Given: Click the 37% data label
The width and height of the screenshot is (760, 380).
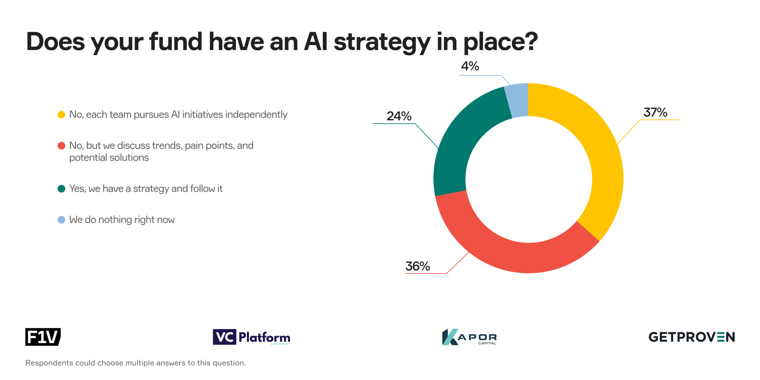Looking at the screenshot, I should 655,112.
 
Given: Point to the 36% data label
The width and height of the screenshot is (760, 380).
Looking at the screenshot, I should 417,266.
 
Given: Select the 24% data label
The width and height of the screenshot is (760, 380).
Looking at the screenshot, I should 399,116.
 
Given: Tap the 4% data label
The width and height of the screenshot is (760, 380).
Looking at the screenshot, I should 470,66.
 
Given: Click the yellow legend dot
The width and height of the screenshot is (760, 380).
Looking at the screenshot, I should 61,115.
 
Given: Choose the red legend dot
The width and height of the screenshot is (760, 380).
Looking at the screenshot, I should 61,146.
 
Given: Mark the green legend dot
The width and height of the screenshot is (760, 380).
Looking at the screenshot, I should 61,189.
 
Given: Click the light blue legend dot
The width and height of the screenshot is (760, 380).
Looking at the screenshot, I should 61,220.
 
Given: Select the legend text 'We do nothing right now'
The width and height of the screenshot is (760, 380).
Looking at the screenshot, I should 122,220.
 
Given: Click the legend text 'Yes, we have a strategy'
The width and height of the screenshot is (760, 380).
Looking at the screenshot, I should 146,189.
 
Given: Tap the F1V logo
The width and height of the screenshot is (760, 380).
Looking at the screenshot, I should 43,337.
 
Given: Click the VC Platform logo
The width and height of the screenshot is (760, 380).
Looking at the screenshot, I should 251,337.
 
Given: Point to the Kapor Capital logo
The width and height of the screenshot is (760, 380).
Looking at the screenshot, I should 469,337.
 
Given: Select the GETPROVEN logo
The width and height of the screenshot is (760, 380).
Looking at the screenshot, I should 691,337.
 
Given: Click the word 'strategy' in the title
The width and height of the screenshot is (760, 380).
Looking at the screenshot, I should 382,42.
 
